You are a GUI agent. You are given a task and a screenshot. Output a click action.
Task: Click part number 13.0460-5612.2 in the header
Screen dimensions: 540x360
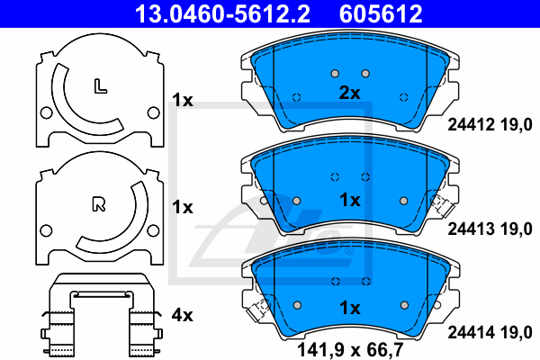(x=222, y=13)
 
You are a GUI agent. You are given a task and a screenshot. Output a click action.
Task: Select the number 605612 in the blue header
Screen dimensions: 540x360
(x=381, y=13)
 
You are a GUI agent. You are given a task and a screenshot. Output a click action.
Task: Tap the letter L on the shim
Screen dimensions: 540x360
(x=100, y=86)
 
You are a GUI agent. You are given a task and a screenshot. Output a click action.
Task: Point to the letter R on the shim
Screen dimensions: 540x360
(x=99, y=204)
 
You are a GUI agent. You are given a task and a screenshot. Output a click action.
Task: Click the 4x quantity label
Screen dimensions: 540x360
(x=182, y=315)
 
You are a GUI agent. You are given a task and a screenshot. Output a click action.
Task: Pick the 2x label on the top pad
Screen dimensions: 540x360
(x=349, y=93)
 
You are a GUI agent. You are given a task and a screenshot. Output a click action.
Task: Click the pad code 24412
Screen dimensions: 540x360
(x=471, y=124)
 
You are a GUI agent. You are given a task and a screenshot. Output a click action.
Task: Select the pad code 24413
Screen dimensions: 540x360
(x=471, y=229)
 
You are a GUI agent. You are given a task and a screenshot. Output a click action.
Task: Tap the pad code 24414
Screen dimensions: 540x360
(x=471, y=332)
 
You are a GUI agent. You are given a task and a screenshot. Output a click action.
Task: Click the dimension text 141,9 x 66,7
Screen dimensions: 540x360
(x=350, y=350)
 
